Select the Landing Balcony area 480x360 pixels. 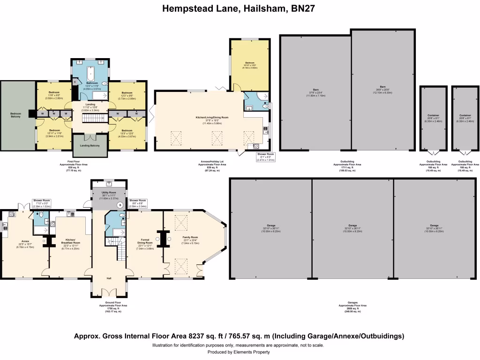point(90,147)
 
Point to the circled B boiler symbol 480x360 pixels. point(120,205)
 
